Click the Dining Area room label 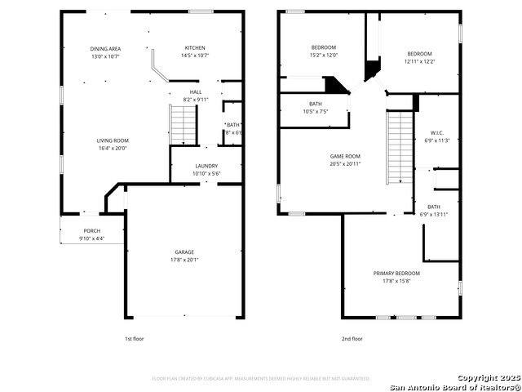[x=104, y=49]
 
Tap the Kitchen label [x=195, y=48]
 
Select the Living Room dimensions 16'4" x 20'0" [x=113, y=149]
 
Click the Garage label [x=184, y=252]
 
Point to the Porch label [x=92, y=231]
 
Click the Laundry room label [x=206, y=166]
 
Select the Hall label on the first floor [x=196, y=92]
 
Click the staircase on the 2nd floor [x=400, y=148]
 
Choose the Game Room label [x=345, y=156]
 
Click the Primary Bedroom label [x=396, y=273]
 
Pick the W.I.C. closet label [x=437, y=132]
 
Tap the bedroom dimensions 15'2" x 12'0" [x=324, y=56]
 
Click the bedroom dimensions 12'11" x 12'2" [x=419, y=61]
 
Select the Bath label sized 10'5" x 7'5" [x=315, y=104]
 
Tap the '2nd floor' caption [x=352, y=338]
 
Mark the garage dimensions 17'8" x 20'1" [x=184, y=260]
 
